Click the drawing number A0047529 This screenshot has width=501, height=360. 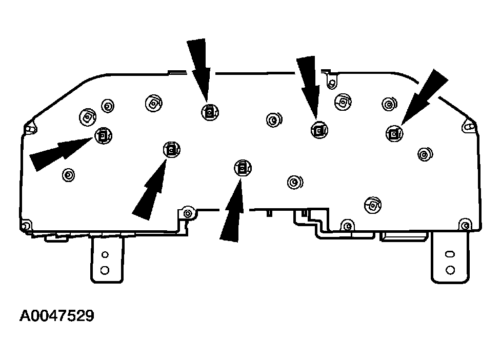57,315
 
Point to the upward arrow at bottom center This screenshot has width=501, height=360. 232,210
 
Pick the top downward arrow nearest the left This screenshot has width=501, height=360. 199,70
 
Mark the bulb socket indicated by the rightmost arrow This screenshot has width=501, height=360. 395,133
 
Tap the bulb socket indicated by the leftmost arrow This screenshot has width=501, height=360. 103,136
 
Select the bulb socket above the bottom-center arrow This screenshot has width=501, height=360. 243,168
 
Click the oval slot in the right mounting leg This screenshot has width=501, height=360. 450,254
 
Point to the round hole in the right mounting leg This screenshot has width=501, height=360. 450,270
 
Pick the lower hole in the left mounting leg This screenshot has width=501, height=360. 105,270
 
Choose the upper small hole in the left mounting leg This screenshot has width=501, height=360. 105,254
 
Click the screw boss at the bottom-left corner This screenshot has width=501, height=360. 26,225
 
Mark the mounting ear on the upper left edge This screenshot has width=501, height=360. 30,128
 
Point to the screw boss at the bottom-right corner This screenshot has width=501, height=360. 465,225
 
